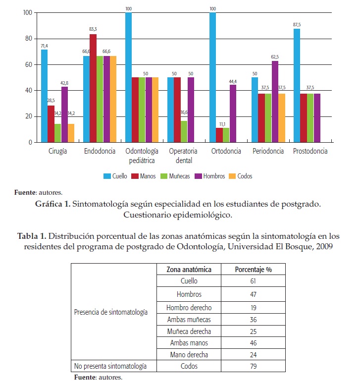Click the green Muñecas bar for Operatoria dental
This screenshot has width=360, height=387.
point(184,131)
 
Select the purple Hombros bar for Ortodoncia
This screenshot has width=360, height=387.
point(233,113)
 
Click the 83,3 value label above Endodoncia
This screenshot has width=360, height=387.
point(93,30)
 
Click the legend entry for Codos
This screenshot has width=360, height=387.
point(240,176)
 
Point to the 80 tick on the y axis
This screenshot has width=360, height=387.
point(29,39)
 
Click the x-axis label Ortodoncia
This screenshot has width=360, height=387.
point(226,152)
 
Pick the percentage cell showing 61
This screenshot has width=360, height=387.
point(253,281)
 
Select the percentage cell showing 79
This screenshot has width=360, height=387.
point(253,367)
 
